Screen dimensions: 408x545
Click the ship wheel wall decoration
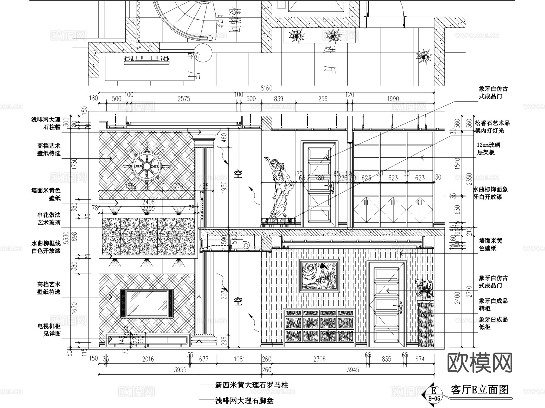click(147, 166)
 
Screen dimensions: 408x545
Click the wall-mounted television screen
click(147, 304)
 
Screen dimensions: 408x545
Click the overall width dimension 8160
click(266, 88)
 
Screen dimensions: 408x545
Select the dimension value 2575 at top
click(184, 99)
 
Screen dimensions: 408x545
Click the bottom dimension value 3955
click(180, 370)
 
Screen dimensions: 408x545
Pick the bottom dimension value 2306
click(319, 359)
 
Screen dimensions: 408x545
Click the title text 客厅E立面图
click(479, 390)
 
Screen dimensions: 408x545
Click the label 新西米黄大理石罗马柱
click(251, 385)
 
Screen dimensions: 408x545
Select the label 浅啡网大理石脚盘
click(244, 401)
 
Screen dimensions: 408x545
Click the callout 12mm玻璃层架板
click(488, 148)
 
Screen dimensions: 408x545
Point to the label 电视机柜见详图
click(49, 330)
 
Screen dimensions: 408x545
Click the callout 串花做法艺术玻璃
click(49, 219)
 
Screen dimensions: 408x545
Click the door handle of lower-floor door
click(400, 307)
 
